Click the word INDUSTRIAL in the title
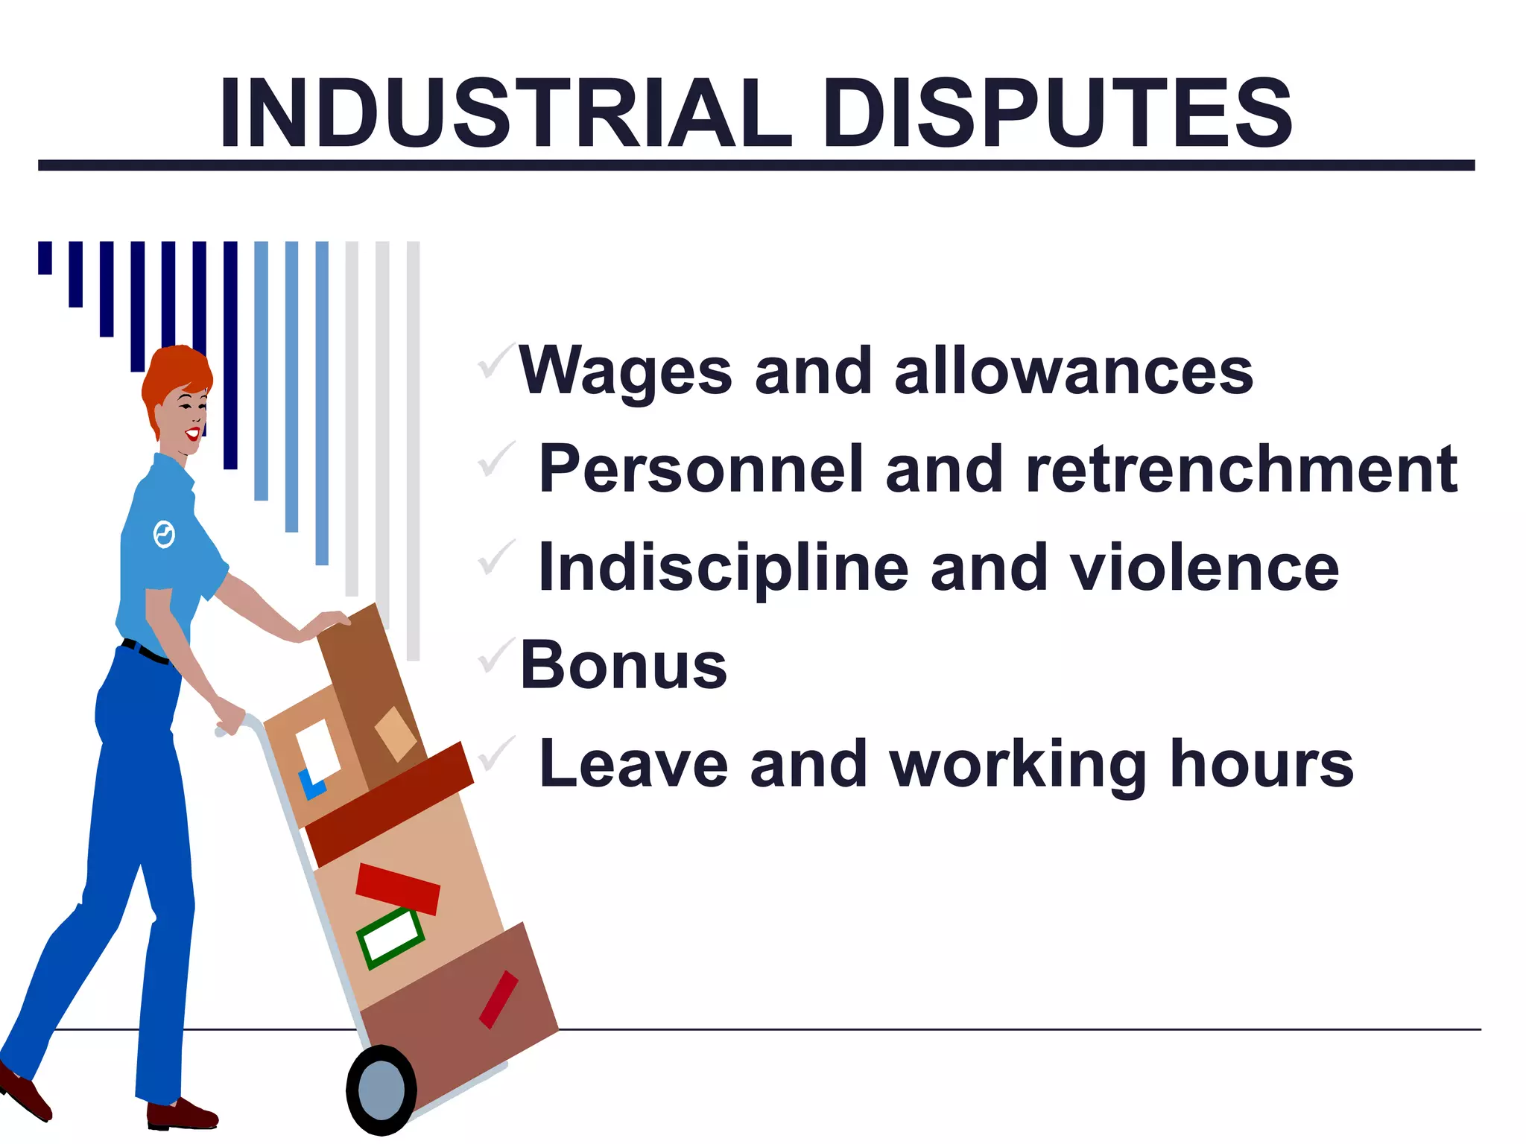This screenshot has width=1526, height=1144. [x=505, y=115]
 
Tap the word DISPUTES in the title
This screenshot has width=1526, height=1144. [x=1057, y=115]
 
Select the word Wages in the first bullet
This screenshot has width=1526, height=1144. [x=625, y=371]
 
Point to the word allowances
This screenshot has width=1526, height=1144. [x=1073, y=371]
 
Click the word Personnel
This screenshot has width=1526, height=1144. [x=700, y=469]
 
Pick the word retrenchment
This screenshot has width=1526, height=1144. [x=1241, y=469]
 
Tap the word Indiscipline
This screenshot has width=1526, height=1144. [x=723, y=568]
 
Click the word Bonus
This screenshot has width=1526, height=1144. [x=623, y=665]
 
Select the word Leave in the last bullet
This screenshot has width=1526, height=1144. [x=633, y=764]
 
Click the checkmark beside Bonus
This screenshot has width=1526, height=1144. [x=496, y=655]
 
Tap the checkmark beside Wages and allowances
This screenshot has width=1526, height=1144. [x=496, y=360]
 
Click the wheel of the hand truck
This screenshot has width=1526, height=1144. [x=381, y=1090]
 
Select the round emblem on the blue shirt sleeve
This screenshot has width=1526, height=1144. [x=164, y=534]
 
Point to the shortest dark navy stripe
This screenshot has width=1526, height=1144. [x=45, y=258]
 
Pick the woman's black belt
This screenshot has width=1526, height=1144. [x=145, y=652]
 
